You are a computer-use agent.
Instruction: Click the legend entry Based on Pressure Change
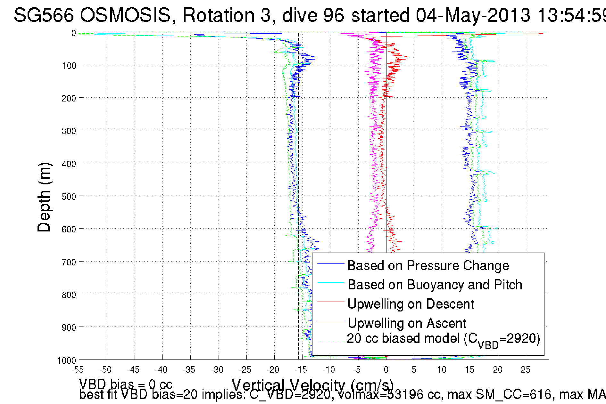click(428, 265)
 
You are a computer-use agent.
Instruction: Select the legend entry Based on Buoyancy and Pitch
click(435, 285)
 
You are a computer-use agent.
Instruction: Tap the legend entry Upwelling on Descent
click(411, 304)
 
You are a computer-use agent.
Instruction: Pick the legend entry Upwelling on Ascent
click(407, 323)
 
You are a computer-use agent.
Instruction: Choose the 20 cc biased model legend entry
click(443, 339)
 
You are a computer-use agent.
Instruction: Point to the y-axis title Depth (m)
click(44, 197)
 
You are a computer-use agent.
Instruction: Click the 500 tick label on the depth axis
click(69, 197)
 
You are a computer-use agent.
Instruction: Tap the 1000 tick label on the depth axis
click(67, 360)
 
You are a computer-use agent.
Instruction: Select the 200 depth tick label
click(69, 98)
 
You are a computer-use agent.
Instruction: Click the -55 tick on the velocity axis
click(78, 370)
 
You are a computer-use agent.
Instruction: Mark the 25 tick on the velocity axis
click(526, 370)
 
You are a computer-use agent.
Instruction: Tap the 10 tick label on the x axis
click(442, 370)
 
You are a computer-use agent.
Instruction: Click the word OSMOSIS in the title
click(125, 15)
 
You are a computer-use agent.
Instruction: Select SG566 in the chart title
click(44, 15)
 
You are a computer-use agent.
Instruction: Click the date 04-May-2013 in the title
click(473, 15)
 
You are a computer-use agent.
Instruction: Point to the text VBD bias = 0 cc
click(126, 384)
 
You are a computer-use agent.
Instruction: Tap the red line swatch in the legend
click(330, 302)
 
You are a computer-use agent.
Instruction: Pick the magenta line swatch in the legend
click(330, 321)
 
